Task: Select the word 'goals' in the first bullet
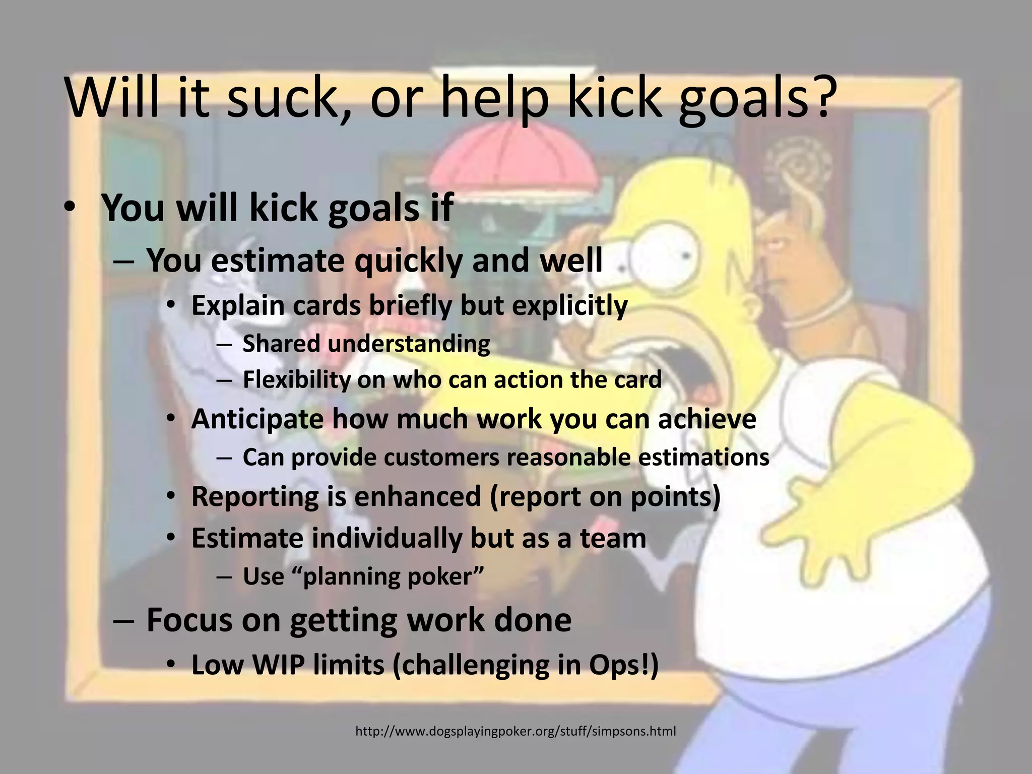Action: click(x=373, y=208)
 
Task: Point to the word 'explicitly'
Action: click(x=569, y=306)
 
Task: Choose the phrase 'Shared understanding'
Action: click(x=366, y=344)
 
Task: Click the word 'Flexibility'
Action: click(x=296, y=380)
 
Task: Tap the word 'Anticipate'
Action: click(x=257, y=419)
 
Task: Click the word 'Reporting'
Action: click(x=255, y=497)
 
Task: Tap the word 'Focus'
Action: click(x=189, y=620)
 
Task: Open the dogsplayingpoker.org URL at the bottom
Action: click(x=515, y=731)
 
